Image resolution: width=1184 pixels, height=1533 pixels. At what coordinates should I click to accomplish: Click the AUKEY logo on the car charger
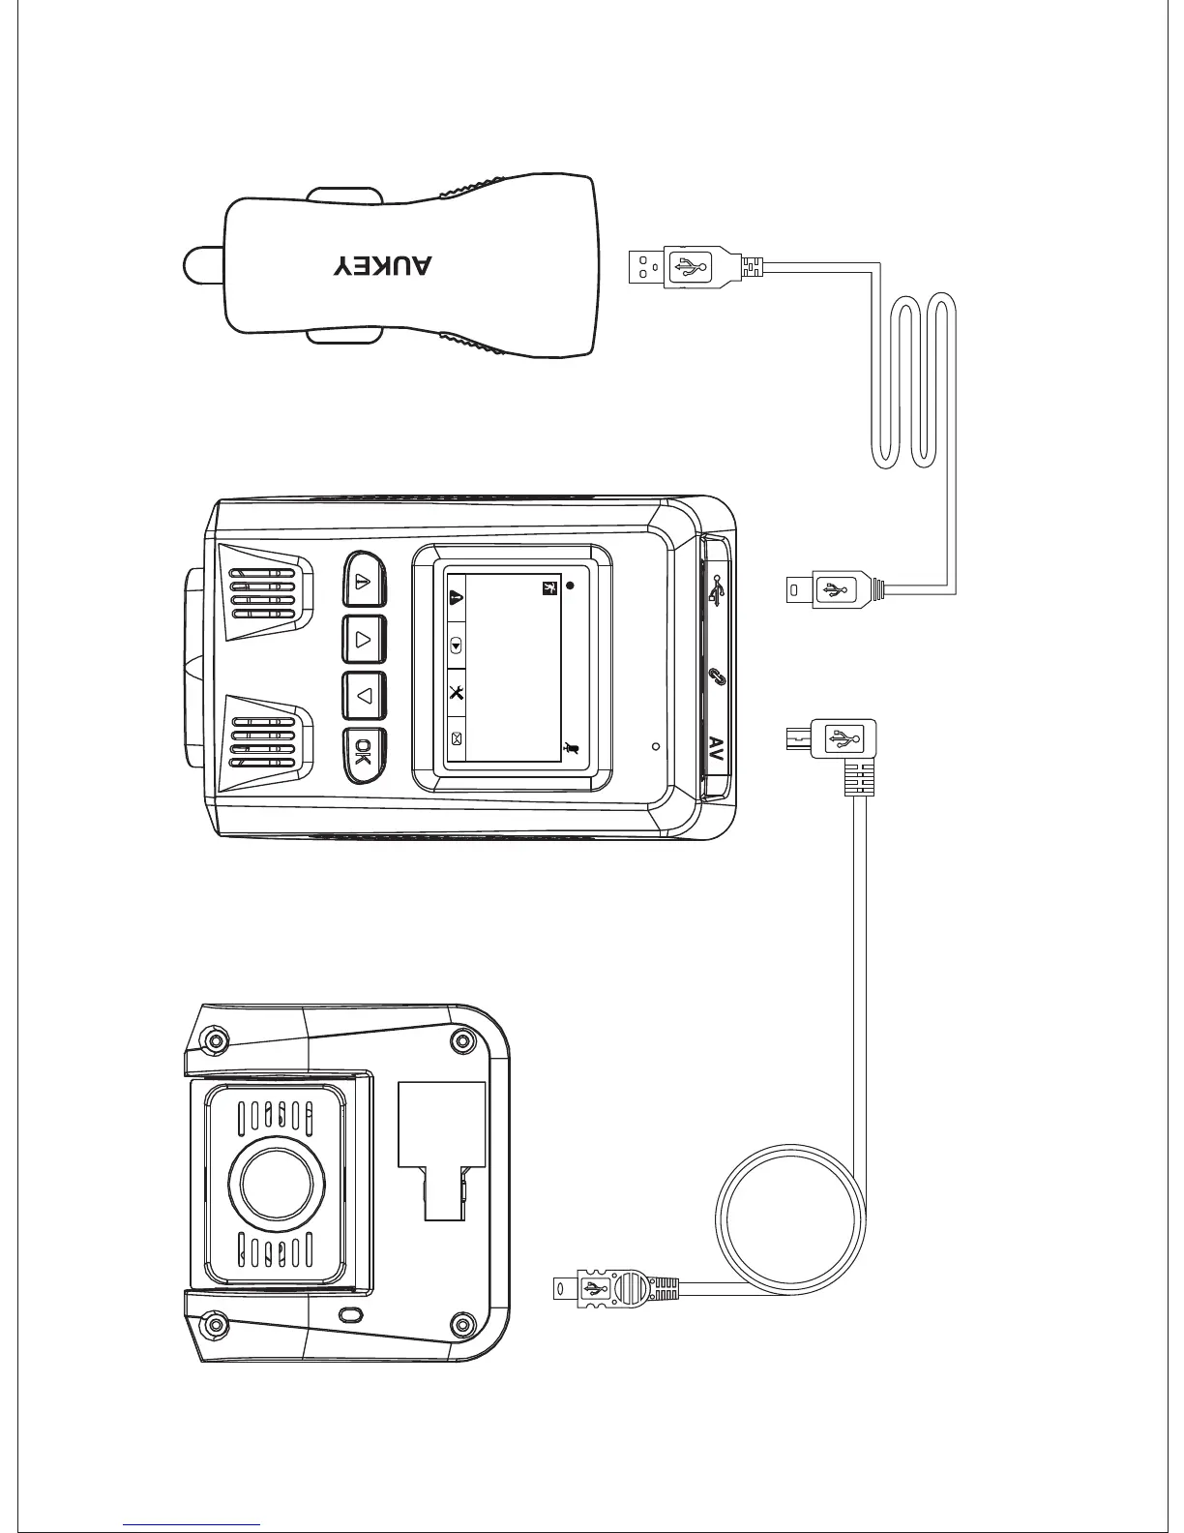point(383,266)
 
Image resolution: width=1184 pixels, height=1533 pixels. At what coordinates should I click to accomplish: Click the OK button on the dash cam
point(364,753)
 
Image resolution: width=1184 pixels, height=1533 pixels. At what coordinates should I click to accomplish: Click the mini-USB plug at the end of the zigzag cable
point(827,587)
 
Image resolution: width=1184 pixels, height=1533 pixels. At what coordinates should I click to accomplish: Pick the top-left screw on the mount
point(214,1041)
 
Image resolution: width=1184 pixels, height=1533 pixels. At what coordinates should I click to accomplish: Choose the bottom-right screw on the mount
point(461,1325)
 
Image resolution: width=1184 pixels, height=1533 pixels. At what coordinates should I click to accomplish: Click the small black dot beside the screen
point(571,586)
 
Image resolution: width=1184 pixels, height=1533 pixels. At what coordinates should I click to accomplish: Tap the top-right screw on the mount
point(463,1042)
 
